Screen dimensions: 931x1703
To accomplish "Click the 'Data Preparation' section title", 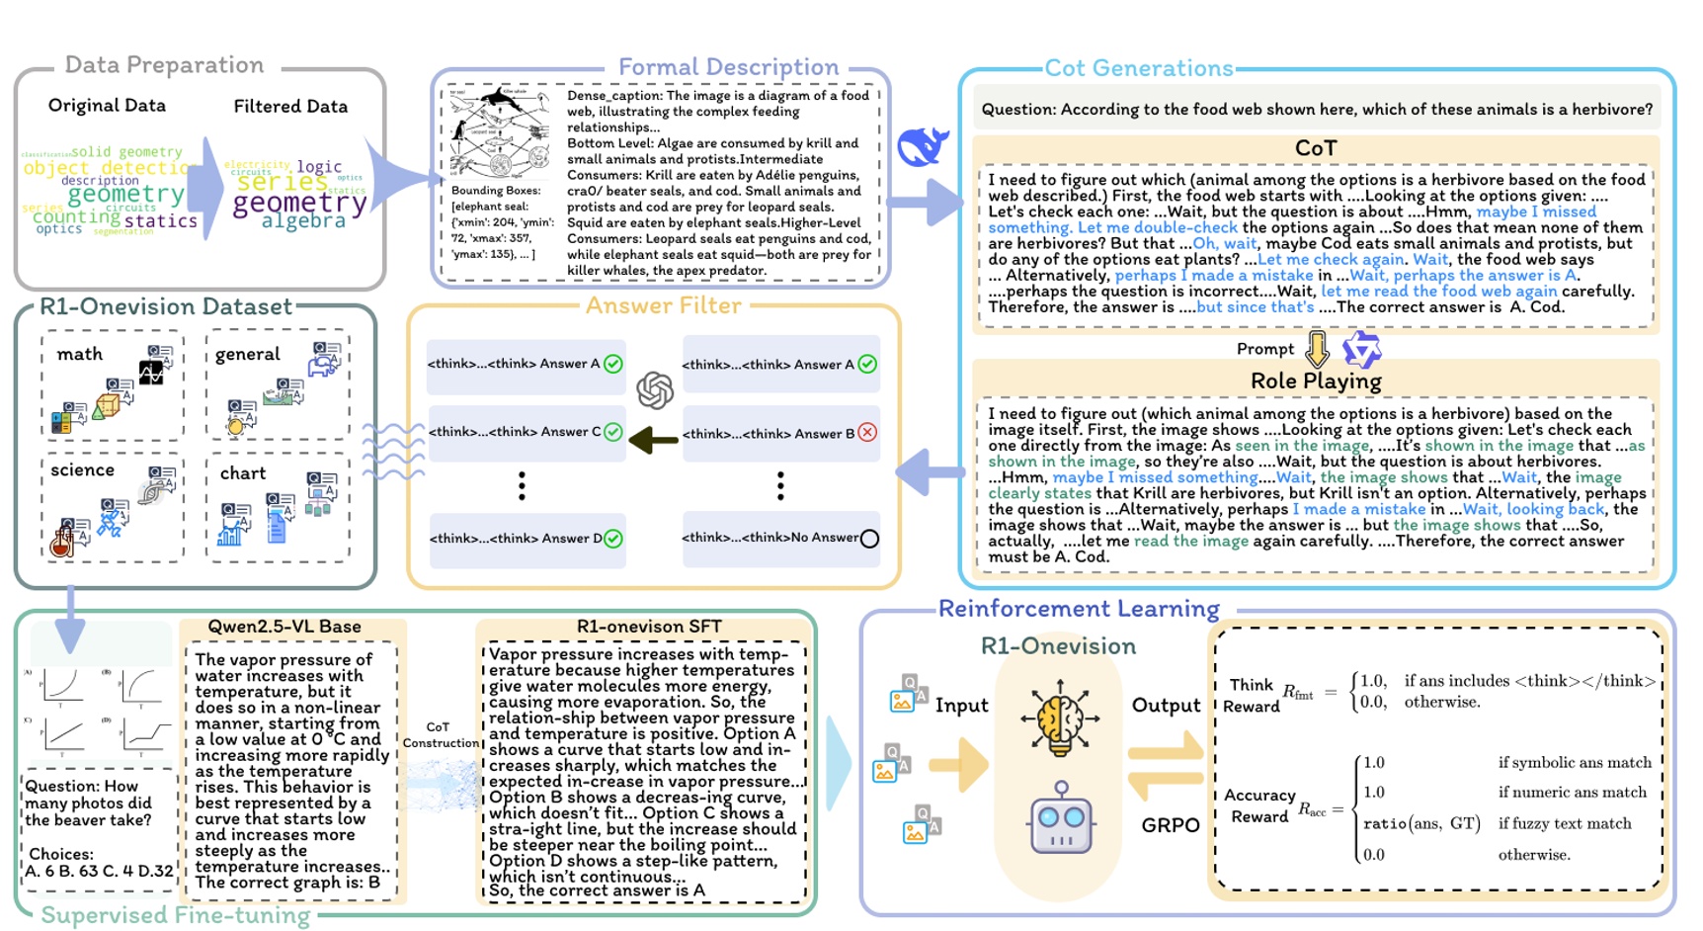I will (x=164, y=65).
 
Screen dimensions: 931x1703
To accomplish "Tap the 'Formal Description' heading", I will (x=728, y=67).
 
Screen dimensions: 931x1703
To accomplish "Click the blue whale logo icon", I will (x=923, y=146).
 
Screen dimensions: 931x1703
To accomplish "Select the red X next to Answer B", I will (x=867, y=432).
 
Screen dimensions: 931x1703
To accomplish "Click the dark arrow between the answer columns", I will (x=653, y=439).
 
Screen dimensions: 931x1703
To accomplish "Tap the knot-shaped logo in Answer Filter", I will (x=655, y=390).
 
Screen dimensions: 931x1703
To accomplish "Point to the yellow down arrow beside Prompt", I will (x=1317, y=349).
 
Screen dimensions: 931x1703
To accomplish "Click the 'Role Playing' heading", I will (x=1315, y=381).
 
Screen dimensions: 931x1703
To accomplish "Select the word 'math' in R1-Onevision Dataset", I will (x=80, y=354).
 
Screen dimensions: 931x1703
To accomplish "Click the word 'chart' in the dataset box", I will (x=243, y=472).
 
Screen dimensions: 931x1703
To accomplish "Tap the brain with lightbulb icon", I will (x=1060, y=718).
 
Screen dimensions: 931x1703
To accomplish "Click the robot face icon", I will (x=1061, y=818).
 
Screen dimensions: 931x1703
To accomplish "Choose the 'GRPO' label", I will (x=1171, y=824).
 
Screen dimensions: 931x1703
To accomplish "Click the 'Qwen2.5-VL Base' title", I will (x=284, y=627).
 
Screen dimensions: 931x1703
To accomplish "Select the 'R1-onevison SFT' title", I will (x=649, y=627).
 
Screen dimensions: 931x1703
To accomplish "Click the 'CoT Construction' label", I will (x=439, y=734).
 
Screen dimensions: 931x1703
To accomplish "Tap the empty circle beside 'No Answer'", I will (x=869, y=539).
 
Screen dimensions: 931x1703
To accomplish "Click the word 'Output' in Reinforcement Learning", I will (x=1166, y=705).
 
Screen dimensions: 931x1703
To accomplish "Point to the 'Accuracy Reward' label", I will (x=1259, y=805).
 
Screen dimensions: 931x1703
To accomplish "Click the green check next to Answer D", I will (x=613, y=539).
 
